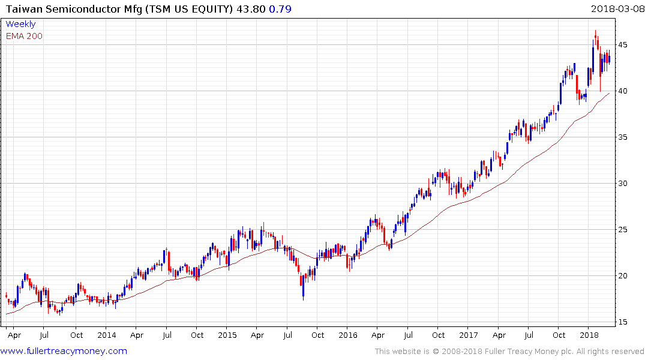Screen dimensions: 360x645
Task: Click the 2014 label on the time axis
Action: coord(107,335)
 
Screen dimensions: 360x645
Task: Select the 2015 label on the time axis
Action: coord(227,335)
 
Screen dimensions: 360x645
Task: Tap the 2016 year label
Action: coord(348,335)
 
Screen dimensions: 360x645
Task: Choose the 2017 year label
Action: coord(469,335)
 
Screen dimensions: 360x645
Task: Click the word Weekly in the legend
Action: coord(20,24)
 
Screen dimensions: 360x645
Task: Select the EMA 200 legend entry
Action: coord(24,36)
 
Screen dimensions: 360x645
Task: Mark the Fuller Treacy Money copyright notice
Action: coord(509,352)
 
